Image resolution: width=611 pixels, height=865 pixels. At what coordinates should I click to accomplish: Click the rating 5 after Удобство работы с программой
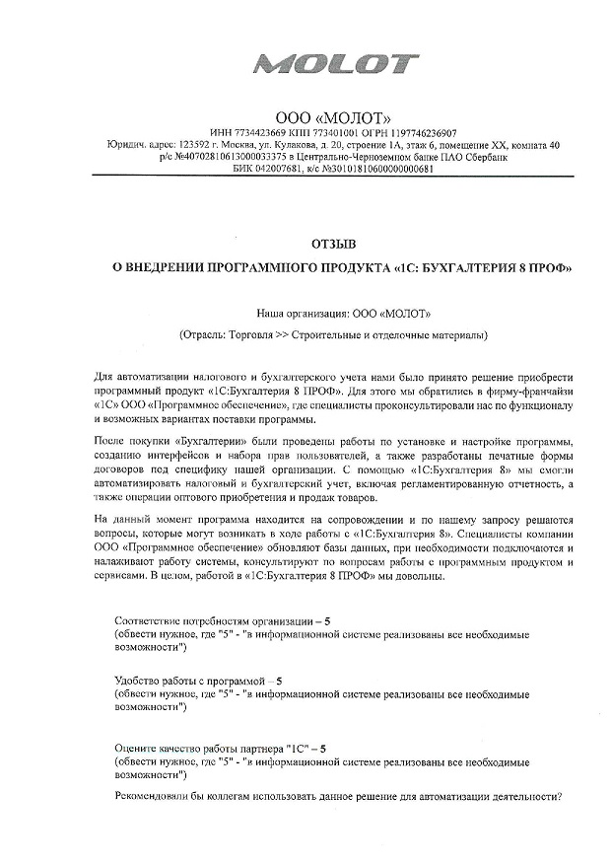click(279, 682)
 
